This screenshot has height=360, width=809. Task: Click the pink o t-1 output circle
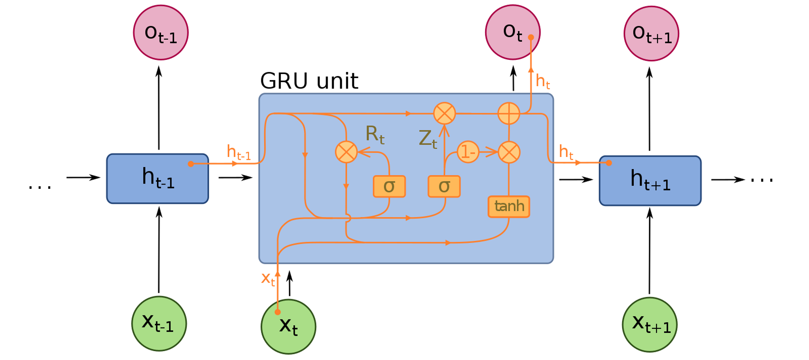point(161,33)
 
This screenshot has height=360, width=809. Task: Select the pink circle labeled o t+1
point(651,34)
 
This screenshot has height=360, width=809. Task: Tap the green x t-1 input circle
point(159,324)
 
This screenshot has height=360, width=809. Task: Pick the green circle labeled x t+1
point(649,324)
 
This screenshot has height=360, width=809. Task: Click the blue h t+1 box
point(650,181)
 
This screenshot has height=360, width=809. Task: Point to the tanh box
point(508,207)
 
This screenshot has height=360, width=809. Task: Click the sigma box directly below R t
point(389,186)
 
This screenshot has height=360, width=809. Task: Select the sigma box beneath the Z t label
point(444,186)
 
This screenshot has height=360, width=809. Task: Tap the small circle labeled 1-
point(468,152)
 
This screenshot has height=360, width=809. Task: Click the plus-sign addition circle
point(509,113)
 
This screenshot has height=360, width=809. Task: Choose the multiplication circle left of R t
point(346,152)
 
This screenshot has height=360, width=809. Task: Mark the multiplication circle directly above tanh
point(509,152)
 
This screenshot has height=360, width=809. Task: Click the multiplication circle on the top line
point(445,113)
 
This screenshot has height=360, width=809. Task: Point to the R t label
point(375,134)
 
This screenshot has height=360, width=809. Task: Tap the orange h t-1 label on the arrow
point(239,152)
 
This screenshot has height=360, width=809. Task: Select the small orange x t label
point(268,279)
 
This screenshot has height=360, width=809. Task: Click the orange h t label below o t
point(542,82)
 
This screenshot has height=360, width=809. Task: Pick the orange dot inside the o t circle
point(531,37)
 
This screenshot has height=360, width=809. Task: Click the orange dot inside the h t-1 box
point(191,164)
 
